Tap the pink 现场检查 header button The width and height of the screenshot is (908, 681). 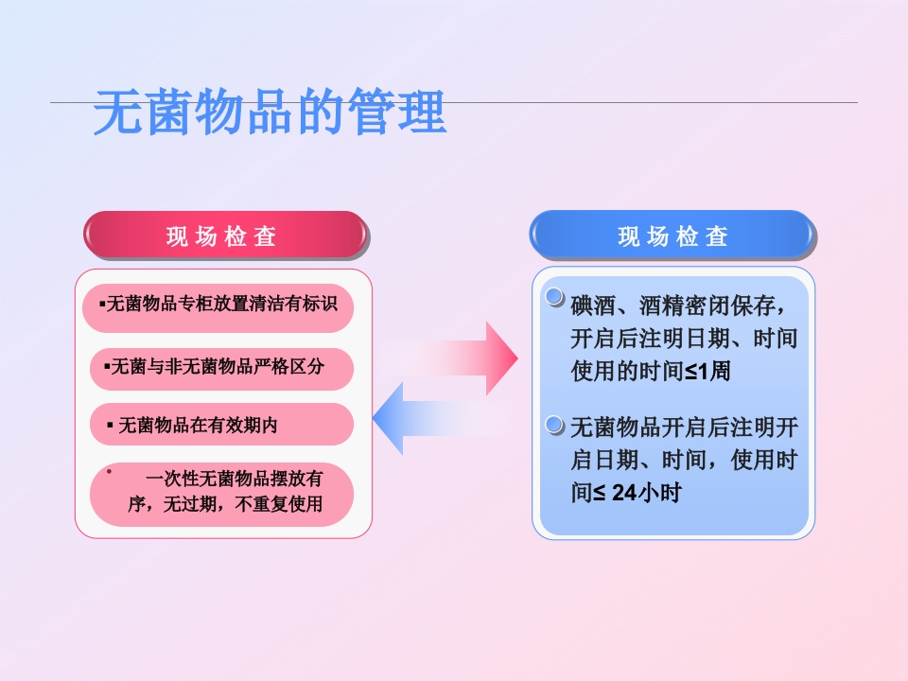pos(224,236)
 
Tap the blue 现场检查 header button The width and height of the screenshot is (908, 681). pos(672,236)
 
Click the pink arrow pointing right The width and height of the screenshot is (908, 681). pos(473,358)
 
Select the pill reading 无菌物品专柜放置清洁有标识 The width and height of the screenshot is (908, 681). pos(217,305)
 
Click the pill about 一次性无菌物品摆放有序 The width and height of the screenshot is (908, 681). pos(221,493)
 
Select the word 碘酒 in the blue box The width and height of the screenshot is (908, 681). pos(591,306)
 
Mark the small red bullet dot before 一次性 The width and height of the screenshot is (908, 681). pos(110,470)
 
